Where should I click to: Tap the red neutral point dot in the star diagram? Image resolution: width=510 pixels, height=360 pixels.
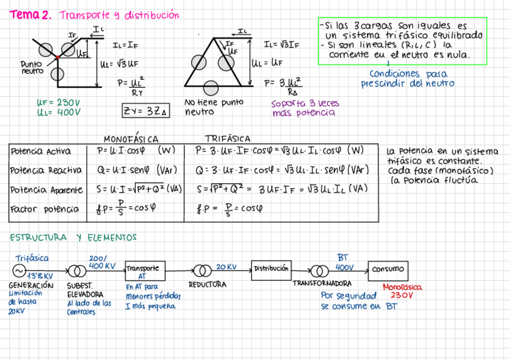coord(57,57)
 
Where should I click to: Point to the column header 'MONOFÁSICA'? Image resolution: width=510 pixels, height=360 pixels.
coord(131,139)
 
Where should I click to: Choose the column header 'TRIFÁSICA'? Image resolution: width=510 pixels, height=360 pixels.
coord(227,139)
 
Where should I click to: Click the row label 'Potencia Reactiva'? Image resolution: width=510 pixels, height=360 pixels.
coord(46,171)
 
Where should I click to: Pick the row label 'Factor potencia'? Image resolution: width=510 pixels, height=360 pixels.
coord(45,209)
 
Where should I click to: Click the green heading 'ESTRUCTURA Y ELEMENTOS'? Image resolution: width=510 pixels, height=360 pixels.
coord(73,238)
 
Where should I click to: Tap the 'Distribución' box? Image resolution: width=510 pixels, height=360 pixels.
coord(271,269)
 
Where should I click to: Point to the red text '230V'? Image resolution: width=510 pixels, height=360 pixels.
coord(402,296)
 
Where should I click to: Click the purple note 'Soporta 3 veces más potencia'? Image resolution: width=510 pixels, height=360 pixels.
coord(304,108)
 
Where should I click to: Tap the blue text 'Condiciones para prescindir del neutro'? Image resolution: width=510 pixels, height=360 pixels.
coord(408,79)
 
